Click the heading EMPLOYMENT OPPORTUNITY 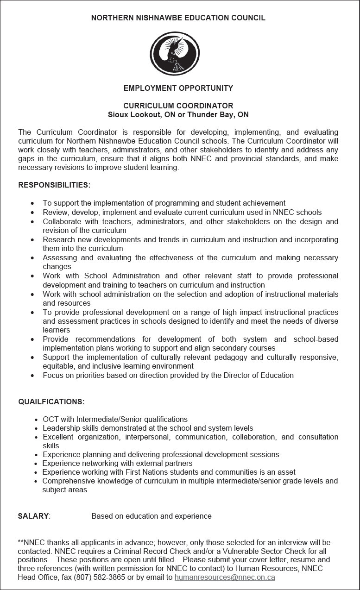click(178, 88)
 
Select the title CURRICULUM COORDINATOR click(178, 106)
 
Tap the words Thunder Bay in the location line click(210, 114)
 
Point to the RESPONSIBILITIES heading click(54, 185)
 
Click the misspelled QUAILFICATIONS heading click(51, 402)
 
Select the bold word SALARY click(33, 516)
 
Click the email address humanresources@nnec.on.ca click(225, 577)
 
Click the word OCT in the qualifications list click(51, 419)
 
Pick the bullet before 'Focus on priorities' click(32, 376)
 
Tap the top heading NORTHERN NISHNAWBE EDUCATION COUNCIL click(178, 18)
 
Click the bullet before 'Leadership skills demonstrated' click(37, 428)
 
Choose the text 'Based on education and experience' click(152, 516)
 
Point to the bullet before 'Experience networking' click(37, 464)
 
